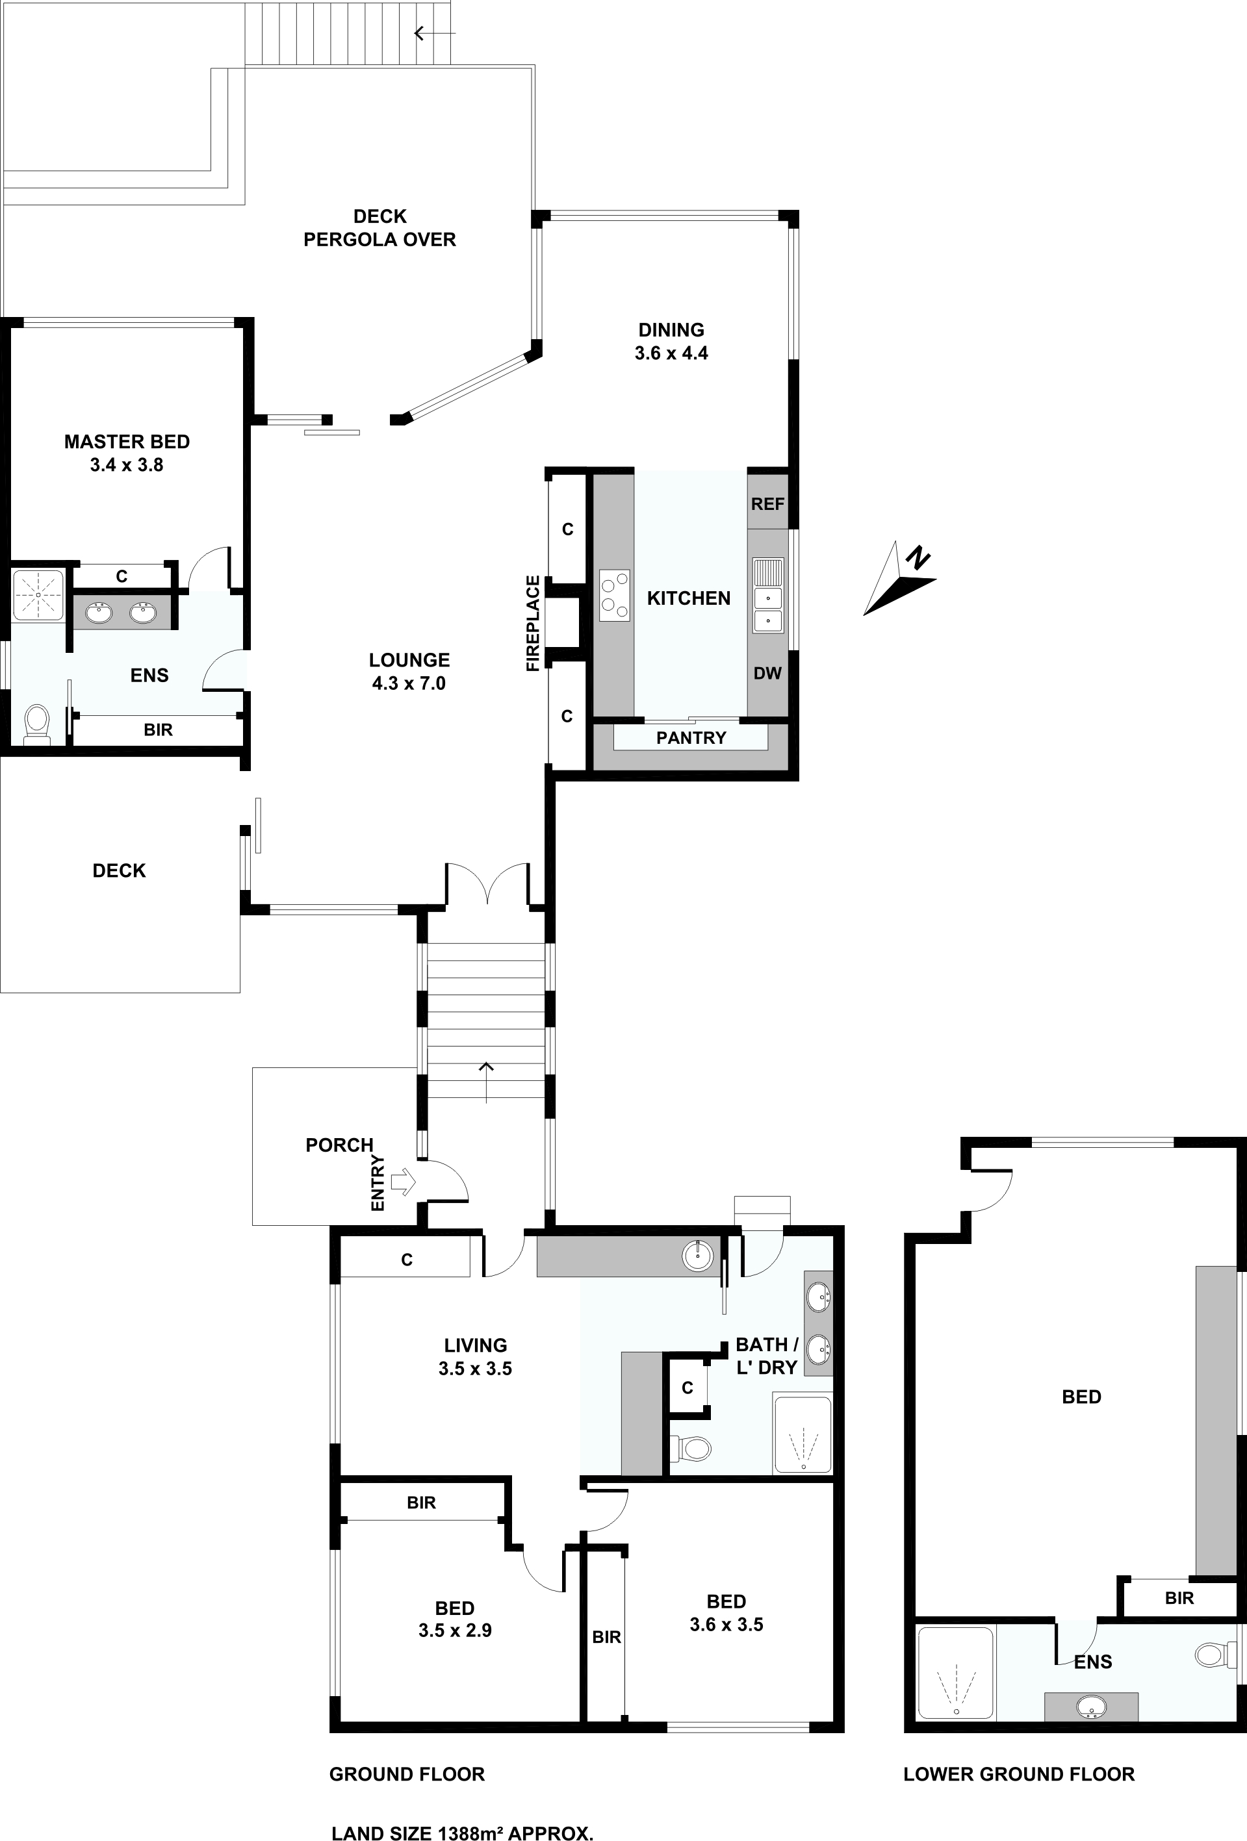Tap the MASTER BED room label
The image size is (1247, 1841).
click(127, 441)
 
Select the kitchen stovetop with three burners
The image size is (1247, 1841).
click(614, 596)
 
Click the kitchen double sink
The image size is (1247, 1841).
click(767, 596)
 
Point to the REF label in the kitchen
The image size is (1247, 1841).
click(767, 504)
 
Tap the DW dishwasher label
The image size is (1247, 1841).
click(767, 674)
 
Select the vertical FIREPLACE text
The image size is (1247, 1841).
click(534, 624)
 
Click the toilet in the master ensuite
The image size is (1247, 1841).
click(36, 724)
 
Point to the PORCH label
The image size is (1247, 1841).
click(339, 1145)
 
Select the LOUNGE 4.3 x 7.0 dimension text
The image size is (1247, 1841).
click(409, 683)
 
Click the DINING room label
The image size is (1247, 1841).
click(671, 329)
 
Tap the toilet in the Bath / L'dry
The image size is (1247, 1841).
click(690, 1448)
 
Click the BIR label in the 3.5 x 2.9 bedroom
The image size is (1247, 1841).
click(422, 1503)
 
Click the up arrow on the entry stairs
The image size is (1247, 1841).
click(485, 1082)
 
